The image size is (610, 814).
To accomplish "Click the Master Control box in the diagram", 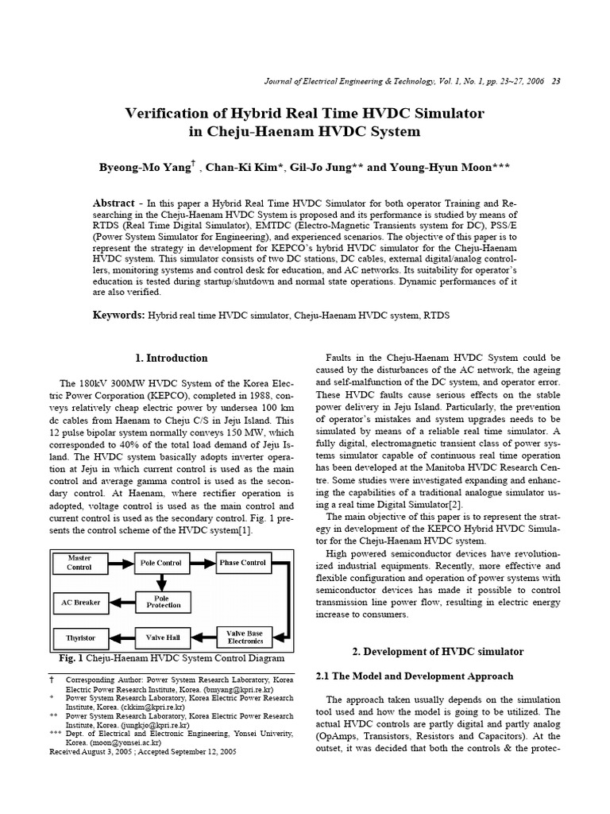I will coord(80,563).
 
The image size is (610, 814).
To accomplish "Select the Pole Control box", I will coord(161,563).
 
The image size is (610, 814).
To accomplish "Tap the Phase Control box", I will coord(242,563).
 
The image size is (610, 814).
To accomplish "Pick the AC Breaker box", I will coord(80,602).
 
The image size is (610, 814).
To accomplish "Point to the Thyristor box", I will coord(80,638).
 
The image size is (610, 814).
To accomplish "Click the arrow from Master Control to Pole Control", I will coord(121,563).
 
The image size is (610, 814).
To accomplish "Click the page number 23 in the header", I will coord(556,82).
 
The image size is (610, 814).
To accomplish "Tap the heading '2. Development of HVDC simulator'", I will coord(438,651).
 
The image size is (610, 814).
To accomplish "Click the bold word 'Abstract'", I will coord(114,203).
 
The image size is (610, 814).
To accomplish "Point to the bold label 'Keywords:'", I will coord(118,315).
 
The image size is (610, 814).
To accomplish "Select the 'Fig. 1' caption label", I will coord(71,659).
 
